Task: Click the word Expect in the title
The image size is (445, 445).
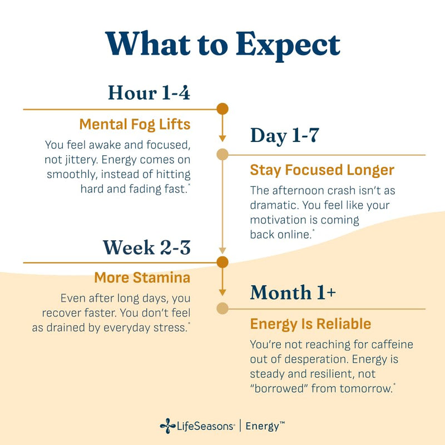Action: (x=288, y=46)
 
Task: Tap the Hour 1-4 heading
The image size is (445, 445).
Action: (x=149, y=92)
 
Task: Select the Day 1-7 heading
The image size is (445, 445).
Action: (x=285, y=136)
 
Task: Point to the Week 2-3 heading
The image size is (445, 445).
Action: (x=146, y=247)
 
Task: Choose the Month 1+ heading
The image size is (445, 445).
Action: (x=293, y=292)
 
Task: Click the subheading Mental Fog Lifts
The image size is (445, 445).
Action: (x=135, y=125)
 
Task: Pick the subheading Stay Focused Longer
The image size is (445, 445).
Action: (x=322, y=170)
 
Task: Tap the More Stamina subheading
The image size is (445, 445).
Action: (x=142, y=278)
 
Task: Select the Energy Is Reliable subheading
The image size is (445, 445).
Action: (x=310, y=324)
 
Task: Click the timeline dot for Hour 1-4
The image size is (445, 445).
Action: (x=222, y=109)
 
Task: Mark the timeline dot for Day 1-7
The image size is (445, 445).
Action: (x=222, y=155)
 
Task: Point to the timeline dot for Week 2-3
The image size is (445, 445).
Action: (x=222, y=262)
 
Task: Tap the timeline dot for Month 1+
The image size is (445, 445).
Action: (x=222, y=309)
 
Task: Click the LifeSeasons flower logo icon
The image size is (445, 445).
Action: (x=167, y=426)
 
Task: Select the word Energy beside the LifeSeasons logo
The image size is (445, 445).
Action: (x=262, y=427)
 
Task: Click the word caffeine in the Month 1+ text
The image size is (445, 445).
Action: (x=392, y=344)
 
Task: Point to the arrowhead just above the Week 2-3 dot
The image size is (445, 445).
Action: (x=222, y=250)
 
